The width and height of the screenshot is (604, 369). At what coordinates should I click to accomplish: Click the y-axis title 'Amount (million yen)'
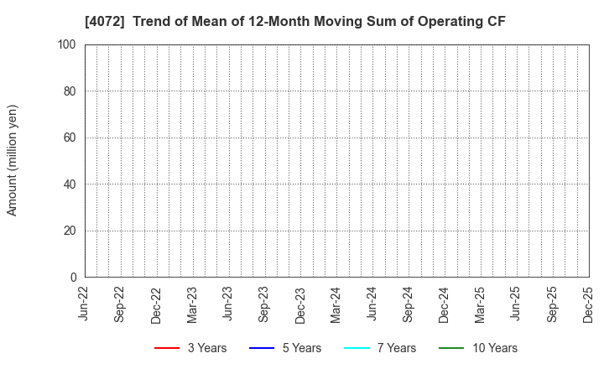(13, 160)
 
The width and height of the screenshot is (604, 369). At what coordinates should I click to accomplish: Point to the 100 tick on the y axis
(68, 44)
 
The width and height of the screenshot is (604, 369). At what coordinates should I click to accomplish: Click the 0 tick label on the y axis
(74, 278)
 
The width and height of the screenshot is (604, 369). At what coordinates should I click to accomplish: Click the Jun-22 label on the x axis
(85, 304)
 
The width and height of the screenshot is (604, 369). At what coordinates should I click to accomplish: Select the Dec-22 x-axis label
(157, 304)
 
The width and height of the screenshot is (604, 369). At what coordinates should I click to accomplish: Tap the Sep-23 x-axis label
(265, 304)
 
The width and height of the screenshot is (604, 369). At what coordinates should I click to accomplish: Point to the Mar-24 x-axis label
(336, 304)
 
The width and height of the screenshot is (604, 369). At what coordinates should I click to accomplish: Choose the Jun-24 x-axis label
(372, 304)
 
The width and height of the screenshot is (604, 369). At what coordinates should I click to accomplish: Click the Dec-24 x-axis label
(445, 304)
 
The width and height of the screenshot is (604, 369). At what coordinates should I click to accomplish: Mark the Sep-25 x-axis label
(553, 304)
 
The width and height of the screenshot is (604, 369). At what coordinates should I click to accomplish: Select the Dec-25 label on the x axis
(589, 304)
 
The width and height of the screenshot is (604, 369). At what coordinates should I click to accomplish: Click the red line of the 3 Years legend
(167, 348)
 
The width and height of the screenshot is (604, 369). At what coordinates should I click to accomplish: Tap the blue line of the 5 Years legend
(262, 348)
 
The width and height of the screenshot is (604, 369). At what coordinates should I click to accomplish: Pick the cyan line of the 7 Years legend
(357, 348)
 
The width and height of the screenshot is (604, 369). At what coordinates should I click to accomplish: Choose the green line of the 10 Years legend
(451, 348)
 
